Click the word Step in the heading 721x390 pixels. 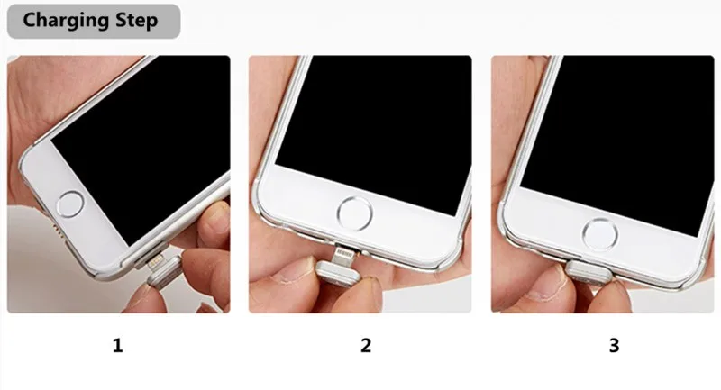pyautogui.click(x=138, y=21)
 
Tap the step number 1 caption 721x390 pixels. pyautogui.click(x=117, y=345)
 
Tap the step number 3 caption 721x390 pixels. pyautogui.click(x=615, y=345)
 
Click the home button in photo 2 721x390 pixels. pyautogui.click(x=354, y=213)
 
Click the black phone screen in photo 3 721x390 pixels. pyautogui.click(x=622, y=126)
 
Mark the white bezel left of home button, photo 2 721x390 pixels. pyautogui.click(x=297, y=212)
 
